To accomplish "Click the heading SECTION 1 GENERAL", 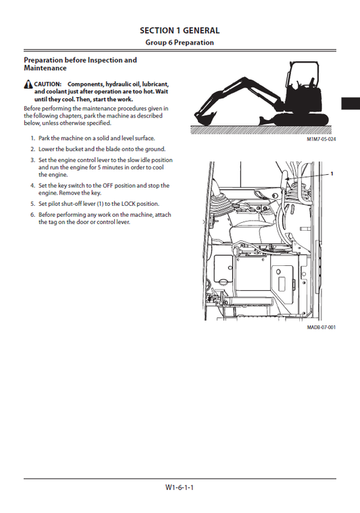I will (180, 30).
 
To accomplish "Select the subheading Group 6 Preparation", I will (180, 43).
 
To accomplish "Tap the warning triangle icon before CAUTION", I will (28, 84).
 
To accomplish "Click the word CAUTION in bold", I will (48, 84).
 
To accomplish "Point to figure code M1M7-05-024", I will (321, 139).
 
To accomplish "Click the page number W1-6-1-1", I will (180, 487).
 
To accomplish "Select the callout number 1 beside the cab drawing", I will (332, 173).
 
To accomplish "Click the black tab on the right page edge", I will (350, 103).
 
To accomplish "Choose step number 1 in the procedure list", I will (32, 138).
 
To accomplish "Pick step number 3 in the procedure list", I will (32, 161).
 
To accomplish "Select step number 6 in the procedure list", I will (32, 215).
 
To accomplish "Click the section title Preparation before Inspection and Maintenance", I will (80, 64).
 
